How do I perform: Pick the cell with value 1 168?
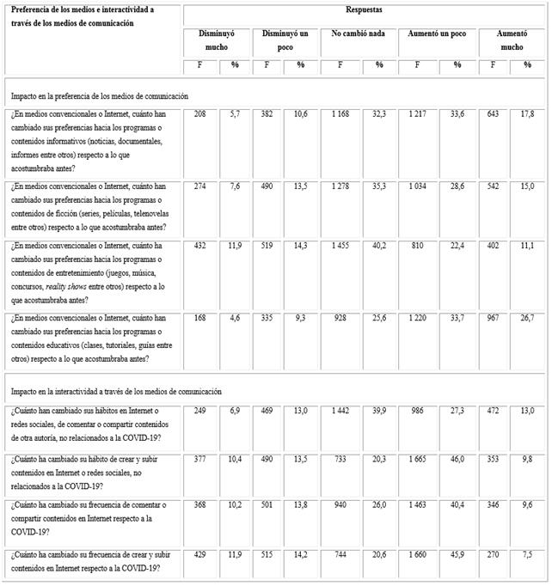[340, 113]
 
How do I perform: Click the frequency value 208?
[199, 113]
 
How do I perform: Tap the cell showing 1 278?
[340, 186]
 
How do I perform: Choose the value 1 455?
[340, 247]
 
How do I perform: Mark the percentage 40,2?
[378, 247]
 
